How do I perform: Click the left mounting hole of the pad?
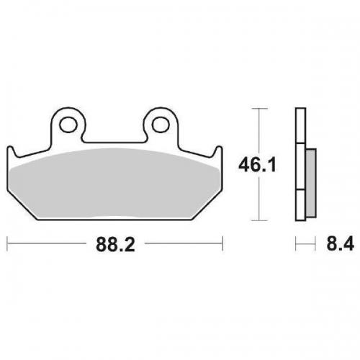68,124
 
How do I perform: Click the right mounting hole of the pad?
161,124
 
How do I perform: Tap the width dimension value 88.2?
114,246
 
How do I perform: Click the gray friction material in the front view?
115,180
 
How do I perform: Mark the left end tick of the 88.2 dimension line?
8,246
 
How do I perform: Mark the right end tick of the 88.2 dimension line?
222,246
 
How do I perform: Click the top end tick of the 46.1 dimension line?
259,109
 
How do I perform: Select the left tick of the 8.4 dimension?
295,246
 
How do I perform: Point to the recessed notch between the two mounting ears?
114,138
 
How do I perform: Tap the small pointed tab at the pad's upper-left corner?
11,149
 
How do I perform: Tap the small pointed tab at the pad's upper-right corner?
219,149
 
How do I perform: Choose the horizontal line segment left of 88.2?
50,246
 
